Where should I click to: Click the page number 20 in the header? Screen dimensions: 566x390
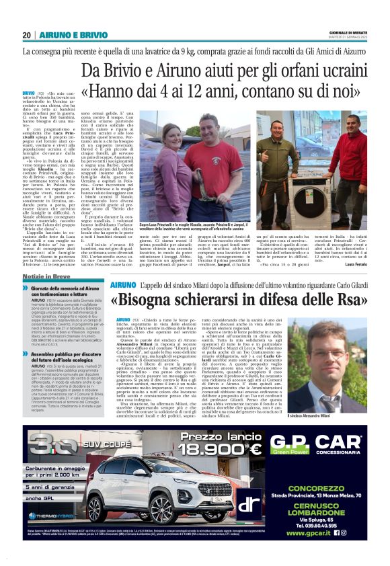click(27, 35)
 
